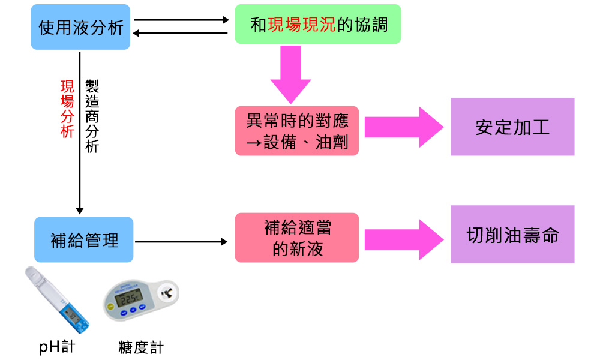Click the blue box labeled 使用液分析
[80, 28]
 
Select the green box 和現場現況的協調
[318, 25]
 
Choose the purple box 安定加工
[512, 127]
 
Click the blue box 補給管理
[83, 240]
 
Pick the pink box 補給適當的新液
[297, 238]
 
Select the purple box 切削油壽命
[512, 235]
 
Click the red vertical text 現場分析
[67, 109]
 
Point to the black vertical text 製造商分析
[92, 116]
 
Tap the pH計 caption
[57, 347]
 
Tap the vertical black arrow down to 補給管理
[80, 132]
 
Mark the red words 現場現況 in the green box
[301, 25]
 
